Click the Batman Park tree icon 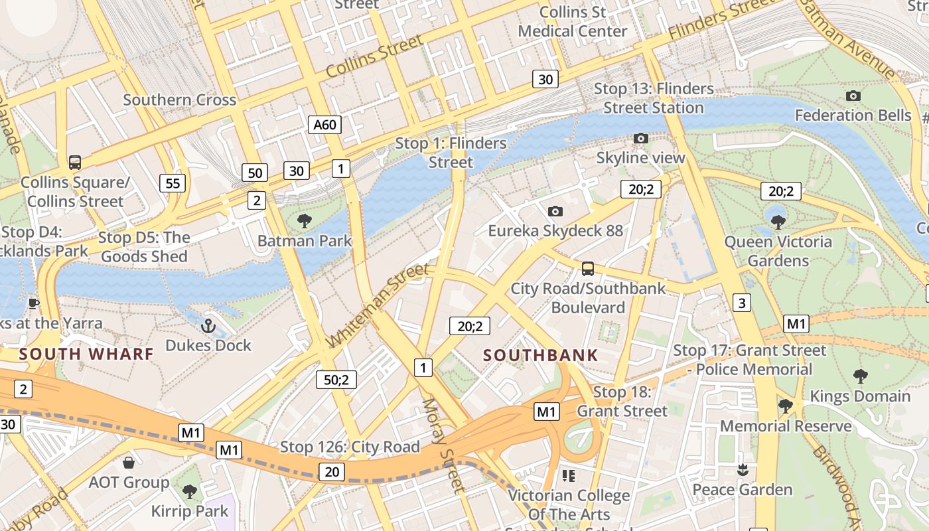click(305, 221)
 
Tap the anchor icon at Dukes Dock click(208, 326)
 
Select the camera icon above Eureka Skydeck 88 click(555, 211)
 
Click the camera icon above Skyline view click(640, 138)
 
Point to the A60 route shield click(324, 124)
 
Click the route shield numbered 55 click(173, 183)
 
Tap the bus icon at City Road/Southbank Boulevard click(587, 269)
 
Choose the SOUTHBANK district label click(540, 355)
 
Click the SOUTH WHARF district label click(86, 354)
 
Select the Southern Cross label click(180, 100)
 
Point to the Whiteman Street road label click(379, 305)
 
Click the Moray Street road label click(441, 445)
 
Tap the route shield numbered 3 click(741, 303)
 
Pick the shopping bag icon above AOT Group click(129, 463)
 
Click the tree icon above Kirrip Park click(189, 492)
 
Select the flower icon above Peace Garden click(743, 471)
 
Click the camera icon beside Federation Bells click(853, 96)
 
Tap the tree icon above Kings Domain click(860, 376)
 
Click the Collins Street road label click(374, 56)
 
